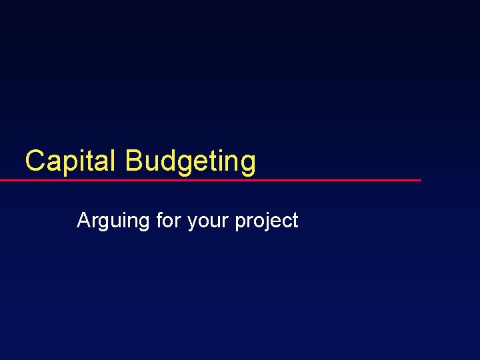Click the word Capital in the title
coord(71,161)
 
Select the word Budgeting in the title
coord(190,161)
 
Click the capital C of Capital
coord(35,161)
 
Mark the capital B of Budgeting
coord(133,161)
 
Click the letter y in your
coord(193,222)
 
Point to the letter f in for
coord(159,219)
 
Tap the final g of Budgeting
coord(247,163)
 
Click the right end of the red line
coord(420,180)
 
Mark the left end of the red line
coord(1,180)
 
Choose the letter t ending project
coord(295,220)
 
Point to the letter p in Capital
coord(73,163)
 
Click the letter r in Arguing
coord(95,221)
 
